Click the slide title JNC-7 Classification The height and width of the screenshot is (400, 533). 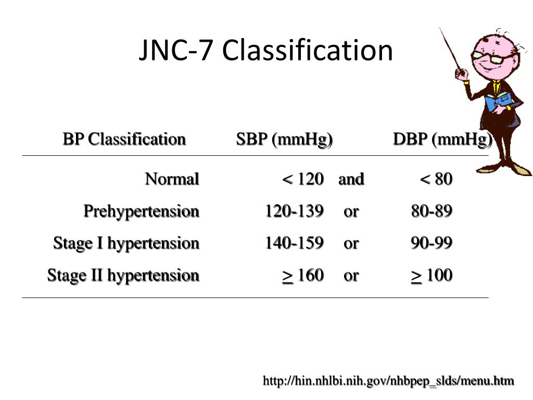(x=265, y=51)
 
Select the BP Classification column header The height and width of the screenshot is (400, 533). (x=124, y=140)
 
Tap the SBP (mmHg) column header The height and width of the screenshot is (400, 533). (x=284, y=140)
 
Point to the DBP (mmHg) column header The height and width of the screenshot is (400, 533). (x=442, y=140)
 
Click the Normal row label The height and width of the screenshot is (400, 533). (x=172, y=179)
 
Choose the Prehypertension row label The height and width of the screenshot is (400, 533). (x=142, y=211)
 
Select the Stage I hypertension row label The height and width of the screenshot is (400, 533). (x=126, y=243)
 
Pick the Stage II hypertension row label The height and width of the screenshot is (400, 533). (x=123, y=275)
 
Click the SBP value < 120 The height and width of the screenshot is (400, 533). (x=303, y=179)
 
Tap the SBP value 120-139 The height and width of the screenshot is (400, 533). (x=294, y=211)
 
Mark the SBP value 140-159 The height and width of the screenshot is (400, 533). (x=294, y=243)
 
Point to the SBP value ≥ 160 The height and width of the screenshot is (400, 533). (x=303, y=275)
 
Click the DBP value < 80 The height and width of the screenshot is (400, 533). (x=436, y=179)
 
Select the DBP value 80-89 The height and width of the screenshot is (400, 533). (x=432, y=211)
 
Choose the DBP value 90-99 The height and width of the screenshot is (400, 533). (x=432, y=243)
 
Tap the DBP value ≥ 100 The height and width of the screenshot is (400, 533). (x=432, y=275)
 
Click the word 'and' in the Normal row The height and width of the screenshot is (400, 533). (x=351, y=179)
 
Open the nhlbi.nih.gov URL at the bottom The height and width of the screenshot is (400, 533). (x=388, y=381)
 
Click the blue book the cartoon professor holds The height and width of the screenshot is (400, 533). (x=497, y=101)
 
